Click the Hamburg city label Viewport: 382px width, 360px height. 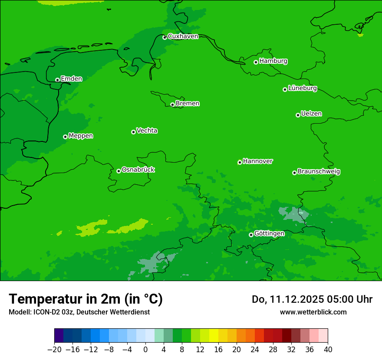[273, 61]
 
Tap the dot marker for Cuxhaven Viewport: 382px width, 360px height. [165, 38]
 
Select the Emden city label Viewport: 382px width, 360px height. [71, 79]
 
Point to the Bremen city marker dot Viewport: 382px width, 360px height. [172, 105]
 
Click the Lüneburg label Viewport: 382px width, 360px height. [302, 88]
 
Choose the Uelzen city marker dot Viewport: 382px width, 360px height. [298, 115]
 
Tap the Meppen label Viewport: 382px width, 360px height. [81, 136]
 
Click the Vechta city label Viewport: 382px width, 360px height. [147, 131]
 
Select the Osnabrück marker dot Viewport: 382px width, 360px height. [119, 171]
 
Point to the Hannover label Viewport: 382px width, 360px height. [257, 161]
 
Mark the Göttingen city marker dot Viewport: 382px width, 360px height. [251, 235]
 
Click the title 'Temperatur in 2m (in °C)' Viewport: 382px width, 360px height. [86, 299]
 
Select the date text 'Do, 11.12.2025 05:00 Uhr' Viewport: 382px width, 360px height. [312, 299]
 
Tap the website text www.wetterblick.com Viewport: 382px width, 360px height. [313, 312]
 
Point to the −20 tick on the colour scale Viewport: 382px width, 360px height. [54, 350]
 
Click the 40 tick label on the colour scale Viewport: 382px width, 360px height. [328, 350]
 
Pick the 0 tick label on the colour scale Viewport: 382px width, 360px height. [145, 350]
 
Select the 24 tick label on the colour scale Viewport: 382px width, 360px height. [255, 350]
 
